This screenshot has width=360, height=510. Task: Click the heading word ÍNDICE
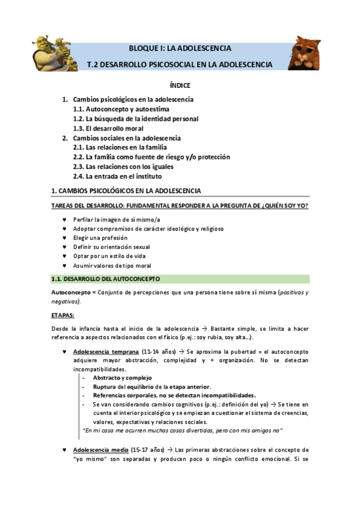point(180,86)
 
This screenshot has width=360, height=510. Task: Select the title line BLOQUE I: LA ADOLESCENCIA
point(180,48)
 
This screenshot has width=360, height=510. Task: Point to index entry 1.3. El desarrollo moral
point(109,128)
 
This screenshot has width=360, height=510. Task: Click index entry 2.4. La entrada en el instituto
point(117,176)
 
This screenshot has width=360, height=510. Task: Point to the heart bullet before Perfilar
point(65,219)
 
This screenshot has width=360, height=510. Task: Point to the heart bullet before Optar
point(65,256)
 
